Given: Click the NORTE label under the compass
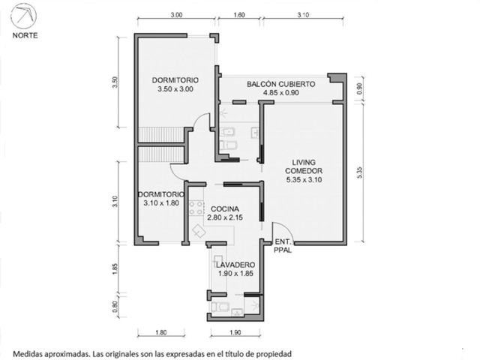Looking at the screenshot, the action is pyautogui.click(x=25, y=35).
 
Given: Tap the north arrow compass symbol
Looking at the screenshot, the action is pyautogui.click(x=23, y=16).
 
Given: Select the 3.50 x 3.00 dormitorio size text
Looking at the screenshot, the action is pyautogui.click(x=175, y=89).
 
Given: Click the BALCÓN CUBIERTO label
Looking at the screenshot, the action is pyautogui.click(x=281, y=84).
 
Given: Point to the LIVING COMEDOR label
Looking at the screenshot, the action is pyautogui.click(x=304, y=166).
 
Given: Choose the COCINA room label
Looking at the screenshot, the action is pyautogui.click(x=225, y=208).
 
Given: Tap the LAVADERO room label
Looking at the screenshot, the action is pyautogui.click(x=235, y=265).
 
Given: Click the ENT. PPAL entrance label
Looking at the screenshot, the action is pyautogui.click(x=283, y=246).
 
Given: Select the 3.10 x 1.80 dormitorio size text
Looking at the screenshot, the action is pyautogui.click(x=161, y=203).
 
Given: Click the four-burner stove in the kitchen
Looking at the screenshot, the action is pyautogui.click(x=196, y=208).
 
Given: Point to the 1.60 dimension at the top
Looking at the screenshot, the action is pyautogui.click(x=239, y=15).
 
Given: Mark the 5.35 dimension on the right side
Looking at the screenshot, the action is pyautogui.click(x=360, y=172).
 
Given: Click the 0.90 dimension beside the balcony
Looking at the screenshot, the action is pyautogui.click(x=360, y=88).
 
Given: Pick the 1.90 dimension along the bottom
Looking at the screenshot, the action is pyautogui.click(x=235, y=332).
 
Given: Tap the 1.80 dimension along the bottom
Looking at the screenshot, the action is pyautogui.click(x=161, y=332).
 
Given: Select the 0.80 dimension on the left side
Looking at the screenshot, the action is pyautogui.click(x=115, y=307).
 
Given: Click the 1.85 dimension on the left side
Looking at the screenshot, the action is pyautogui.click(x=115, y=269).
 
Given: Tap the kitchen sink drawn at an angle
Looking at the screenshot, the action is pyautogui.click(x=199, y=231).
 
